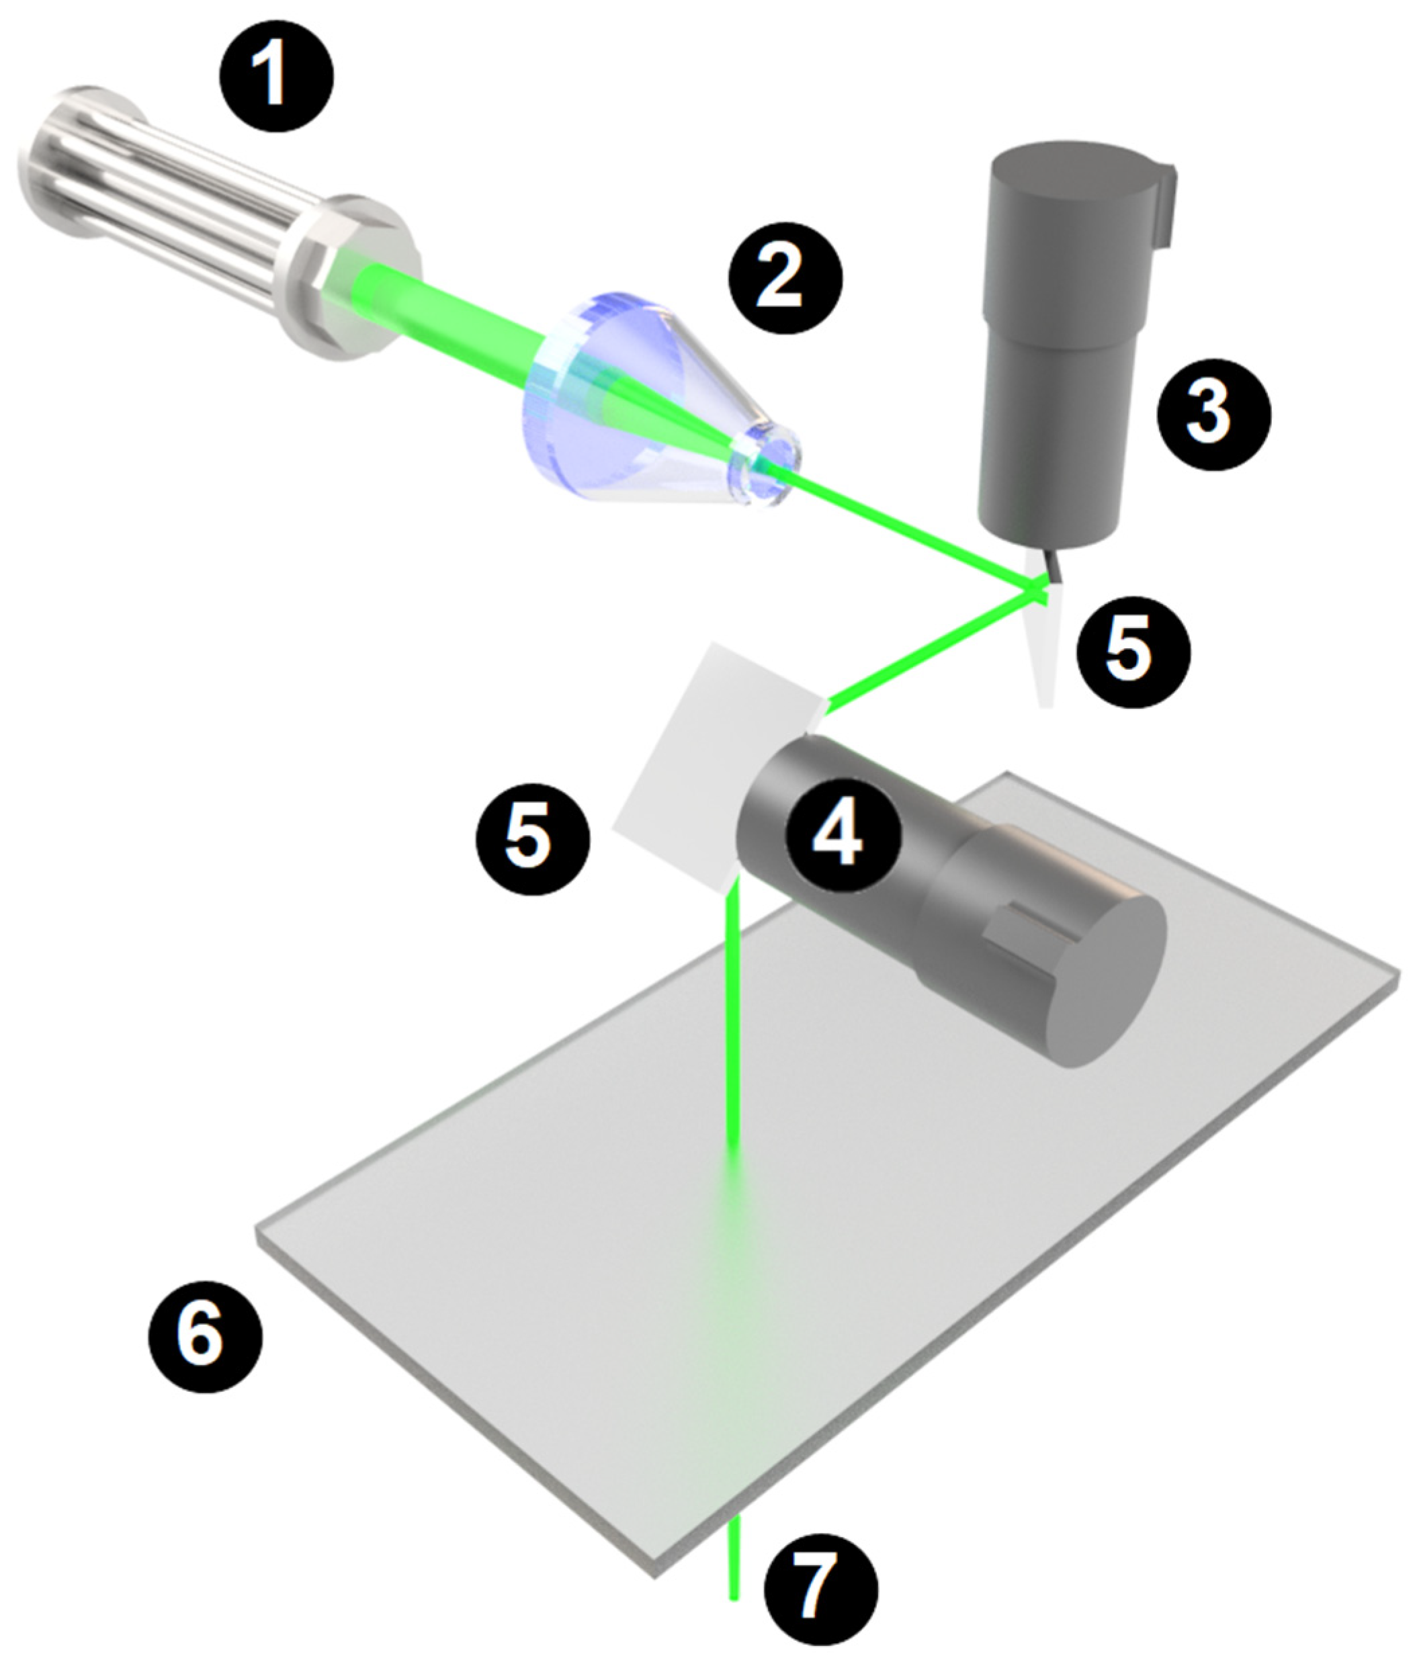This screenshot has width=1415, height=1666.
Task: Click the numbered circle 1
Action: point(277,76)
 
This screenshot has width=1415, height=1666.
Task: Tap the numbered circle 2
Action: point(785,277)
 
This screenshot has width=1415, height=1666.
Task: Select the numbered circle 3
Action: point(1213,413)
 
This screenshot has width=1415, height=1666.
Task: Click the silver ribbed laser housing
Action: point(216,220)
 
